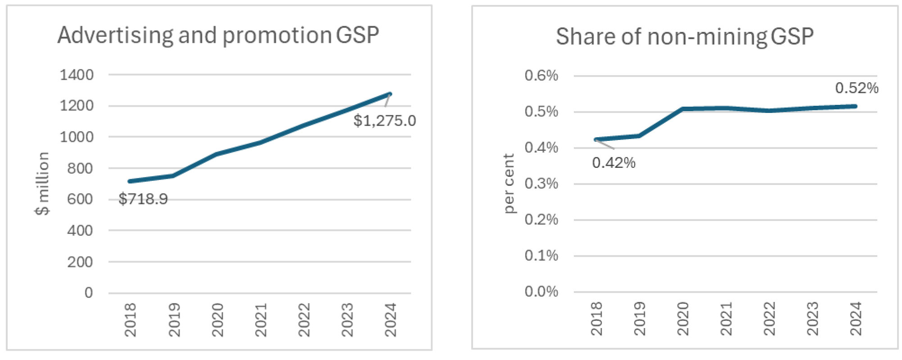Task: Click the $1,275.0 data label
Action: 384,121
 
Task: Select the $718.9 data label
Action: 143,199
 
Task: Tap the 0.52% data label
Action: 857,88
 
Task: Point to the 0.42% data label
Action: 613,162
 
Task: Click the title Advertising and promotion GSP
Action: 218,36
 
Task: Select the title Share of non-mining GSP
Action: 684,37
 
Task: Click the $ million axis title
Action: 42,184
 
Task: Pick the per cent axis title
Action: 508,184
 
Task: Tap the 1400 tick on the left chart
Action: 77,75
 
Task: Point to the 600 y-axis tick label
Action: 80,199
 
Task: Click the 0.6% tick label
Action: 541,76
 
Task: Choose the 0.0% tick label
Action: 541,292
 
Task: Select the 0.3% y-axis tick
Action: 541,184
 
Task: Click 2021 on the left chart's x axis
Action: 261,319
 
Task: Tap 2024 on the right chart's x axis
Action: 855,319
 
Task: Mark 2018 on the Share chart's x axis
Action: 596,319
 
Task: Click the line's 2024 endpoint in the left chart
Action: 390,94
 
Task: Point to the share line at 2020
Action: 683,109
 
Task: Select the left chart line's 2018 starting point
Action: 130,181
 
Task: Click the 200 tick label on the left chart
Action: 80,261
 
